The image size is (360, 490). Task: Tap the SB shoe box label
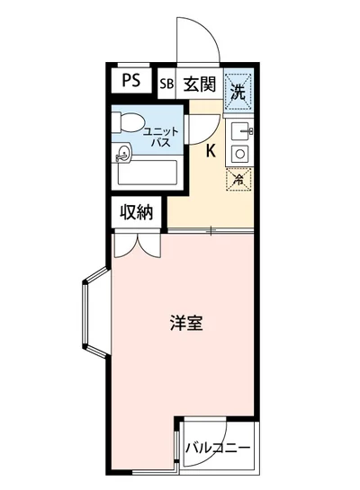click(x=166, y=85)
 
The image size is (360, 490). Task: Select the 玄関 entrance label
click(x=199, y=85)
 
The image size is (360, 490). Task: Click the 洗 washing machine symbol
click(x=238, y=89)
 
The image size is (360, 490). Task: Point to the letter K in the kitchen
click(x=210, y=150)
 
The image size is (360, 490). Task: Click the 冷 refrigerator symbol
click(x=238, y=178)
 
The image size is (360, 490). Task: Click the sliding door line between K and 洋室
click(x=210, y=232)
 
